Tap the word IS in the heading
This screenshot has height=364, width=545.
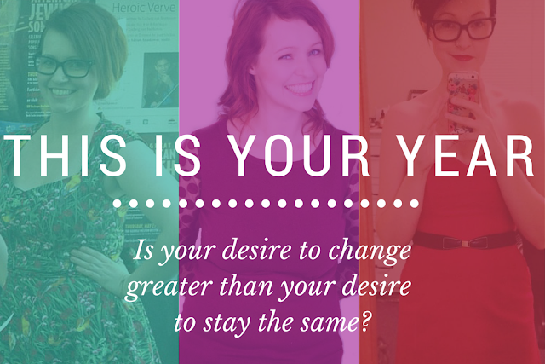[178, 155]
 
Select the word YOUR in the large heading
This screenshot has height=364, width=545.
[300, 155]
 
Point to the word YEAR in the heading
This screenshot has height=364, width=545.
[466, 155]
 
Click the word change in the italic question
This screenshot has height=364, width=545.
[370, 251]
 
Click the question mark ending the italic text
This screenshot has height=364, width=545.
[364, 321]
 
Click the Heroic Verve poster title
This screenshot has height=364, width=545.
[144, 8]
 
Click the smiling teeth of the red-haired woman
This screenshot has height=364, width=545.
[300, 87]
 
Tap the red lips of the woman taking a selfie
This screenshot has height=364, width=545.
[463, 57]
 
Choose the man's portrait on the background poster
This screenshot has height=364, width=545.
[160, 80]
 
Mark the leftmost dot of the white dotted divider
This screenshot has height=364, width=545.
[118, 203]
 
